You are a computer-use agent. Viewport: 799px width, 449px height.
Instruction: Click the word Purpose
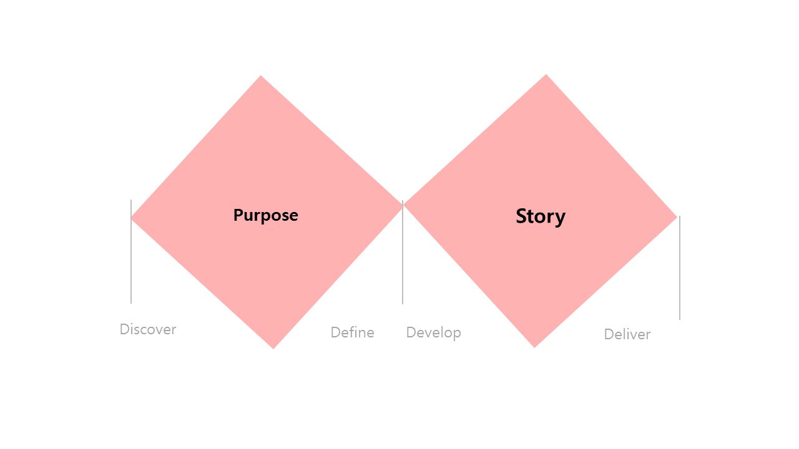click(265, 215)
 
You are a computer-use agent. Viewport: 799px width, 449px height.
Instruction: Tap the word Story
click(541, 216)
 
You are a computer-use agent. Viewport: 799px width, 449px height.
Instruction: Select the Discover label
click(148, 329)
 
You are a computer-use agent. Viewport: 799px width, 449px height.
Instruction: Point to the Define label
click(352, 332)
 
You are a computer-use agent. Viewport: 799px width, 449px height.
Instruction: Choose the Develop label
click(433, 332)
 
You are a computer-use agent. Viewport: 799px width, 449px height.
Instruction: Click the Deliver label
click(627, 334)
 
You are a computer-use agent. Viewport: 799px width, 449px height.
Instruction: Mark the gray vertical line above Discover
click(131, 262)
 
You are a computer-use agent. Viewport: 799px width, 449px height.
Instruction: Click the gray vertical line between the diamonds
click(403, 262)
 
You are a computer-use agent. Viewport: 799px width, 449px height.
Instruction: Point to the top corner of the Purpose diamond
click(261, 77)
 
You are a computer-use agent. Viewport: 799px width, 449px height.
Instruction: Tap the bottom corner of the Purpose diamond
click(273, 347)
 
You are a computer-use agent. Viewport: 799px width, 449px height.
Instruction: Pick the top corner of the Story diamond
click(546, 76)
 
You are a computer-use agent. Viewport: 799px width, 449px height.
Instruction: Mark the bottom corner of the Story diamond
click(534, 345)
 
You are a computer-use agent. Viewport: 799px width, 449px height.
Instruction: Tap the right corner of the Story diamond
click(675, 217)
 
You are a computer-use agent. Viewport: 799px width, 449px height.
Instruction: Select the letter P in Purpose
click(238, 215)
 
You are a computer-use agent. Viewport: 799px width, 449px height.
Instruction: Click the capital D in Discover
click(124, 329)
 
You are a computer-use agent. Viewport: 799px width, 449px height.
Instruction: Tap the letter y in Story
click(560, 218)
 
